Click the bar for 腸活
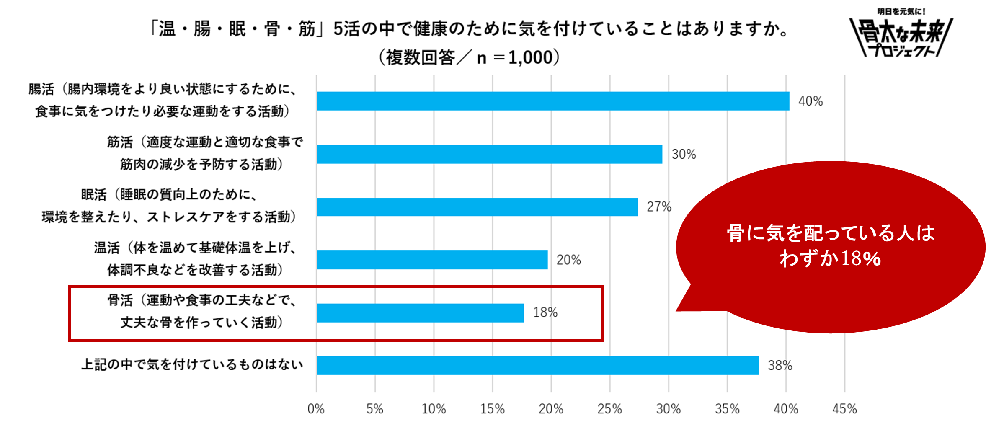553,101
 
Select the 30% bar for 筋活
489,154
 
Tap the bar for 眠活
477,207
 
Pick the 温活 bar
432,260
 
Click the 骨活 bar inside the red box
420,313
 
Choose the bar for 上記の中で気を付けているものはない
537,365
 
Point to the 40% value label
810,101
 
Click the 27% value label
659,207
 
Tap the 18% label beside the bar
545,312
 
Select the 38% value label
780,366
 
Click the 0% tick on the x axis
316,409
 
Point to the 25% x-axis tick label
609,409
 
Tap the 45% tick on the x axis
844,409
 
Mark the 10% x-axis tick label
434,409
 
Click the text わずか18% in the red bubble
830,258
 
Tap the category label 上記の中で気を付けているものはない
192,364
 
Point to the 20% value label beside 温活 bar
568,260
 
